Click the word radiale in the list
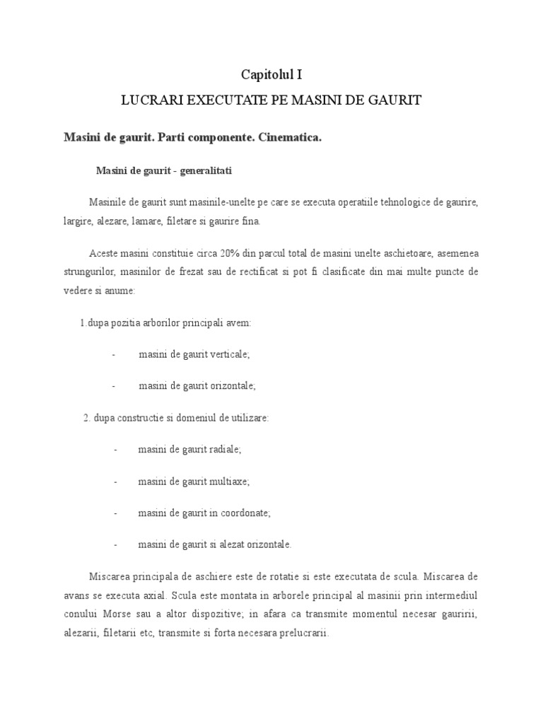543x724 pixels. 226,450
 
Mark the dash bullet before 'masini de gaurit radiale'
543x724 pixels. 115,450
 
